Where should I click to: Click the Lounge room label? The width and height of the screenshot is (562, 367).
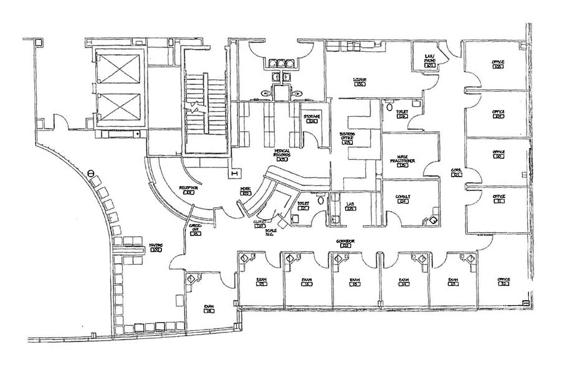pyautogui.click(x=360, y=81)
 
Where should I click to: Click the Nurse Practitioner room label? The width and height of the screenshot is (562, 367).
pyautogui.click(x=402, y=161)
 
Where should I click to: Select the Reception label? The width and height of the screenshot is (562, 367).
pyautogui.click(x=188, y=189)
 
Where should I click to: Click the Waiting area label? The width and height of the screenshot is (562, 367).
pyautogui.click(x=156, y=247)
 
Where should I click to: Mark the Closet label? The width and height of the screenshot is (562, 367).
pyautogui.click(x=259, y=223)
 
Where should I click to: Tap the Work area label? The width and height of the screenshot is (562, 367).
pyautogui.click(x=245, y=191)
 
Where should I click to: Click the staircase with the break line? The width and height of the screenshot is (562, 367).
pyautogui.click(x=204, y=106)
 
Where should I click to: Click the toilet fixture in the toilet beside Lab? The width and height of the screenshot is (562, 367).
pyautogui.click(x=320, y=200)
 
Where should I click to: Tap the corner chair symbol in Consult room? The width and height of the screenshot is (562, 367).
pyautogui.click(x=430, y=220)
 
